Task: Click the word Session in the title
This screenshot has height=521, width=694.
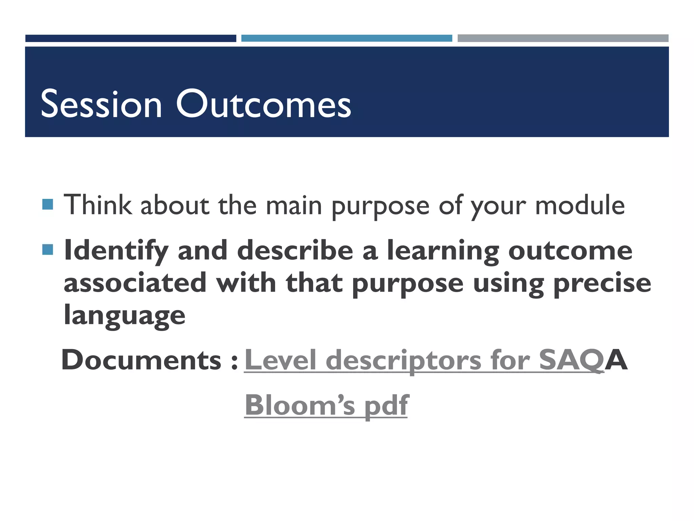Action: [101, 104]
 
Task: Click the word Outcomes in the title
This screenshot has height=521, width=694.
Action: [264, 104]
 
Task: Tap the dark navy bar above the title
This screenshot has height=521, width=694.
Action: [130, 38]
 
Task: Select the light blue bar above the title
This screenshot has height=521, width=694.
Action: [346, 38]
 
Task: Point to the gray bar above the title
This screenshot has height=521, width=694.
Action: [563, 38]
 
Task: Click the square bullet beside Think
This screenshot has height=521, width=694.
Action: [48, 205]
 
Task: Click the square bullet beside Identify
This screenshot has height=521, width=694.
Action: [48, 250]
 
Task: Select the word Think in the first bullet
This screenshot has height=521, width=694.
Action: [98, 205]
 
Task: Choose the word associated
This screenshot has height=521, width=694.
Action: [135, 283]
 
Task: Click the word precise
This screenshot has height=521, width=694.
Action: [602, 283]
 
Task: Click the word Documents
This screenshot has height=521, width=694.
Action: [141, 360]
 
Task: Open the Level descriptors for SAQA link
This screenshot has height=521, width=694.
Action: [424, 360]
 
